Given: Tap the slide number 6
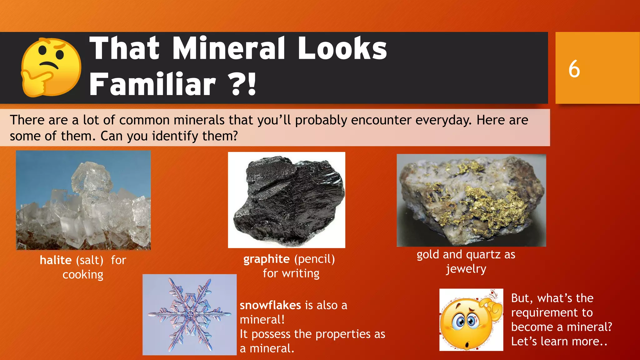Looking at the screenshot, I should point(574,69).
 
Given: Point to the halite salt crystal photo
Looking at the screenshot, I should point(83,200).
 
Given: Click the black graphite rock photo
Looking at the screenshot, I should point(287,200).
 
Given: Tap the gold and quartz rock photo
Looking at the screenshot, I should point(471,200).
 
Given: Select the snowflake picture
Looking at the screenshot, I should point(189,315).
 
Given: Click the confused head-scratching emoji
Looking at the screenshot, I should point(471,320).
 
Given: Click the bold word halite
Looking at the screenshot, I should point(56,260).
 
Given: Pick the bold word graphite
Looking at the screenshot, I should point(267,259).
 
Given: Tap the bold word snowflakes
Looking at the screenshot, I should point(270,305).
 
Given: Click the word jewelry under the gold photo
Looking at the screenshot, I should point(466,269).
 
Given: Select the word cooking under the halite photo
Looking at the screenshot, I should point(83,275).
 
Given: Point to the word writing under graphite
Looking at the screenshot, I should point(301,273).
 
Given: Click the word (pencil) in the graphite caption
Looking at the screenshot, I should point(315,259).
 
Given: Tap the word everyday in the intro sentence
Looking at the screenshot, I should point(443,120).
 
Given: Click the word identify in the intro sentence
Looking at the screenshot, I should point(175,136).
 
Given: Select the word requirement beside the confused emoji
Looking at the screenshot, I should point(552,312).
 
